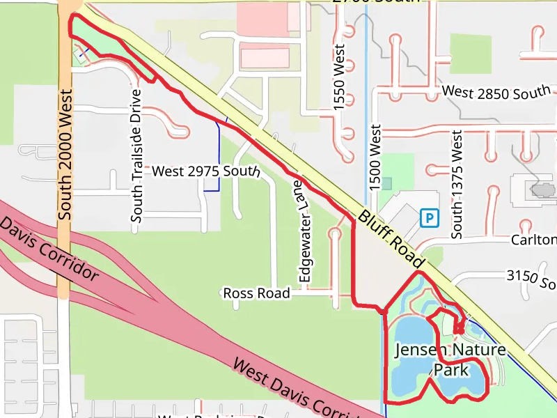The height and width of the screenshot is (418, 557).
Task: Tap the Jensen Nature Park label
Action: click(450, 359)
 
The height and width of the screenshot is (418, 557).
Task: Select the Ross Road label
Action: click(256, 293)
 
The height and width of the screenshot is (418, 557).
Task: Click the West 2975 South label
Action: click(206, 171)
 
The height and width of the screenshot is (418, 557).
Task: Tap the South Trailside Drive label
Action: click(136, 155)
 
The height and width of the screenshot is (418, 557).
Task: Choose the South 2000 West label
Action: click(65, 154)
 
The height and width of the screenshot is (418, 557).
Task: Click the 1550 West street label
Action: click(340, 78)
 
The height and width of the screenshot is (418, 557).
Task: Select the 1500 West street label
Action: click(376, 157)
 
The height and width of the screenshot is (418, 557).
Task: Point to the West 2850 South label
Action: click(496, 92)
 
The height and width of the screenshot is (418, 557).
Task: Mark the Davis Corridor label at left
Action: click(49, 251)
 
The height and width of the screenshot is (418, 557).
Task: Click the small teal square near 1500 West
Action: click(386, 183)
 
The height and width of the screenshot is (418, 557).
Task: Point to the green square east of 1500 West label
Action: click(397, 167)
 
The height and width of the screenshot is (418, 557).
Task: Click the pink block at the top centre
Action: click(262, 20)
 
